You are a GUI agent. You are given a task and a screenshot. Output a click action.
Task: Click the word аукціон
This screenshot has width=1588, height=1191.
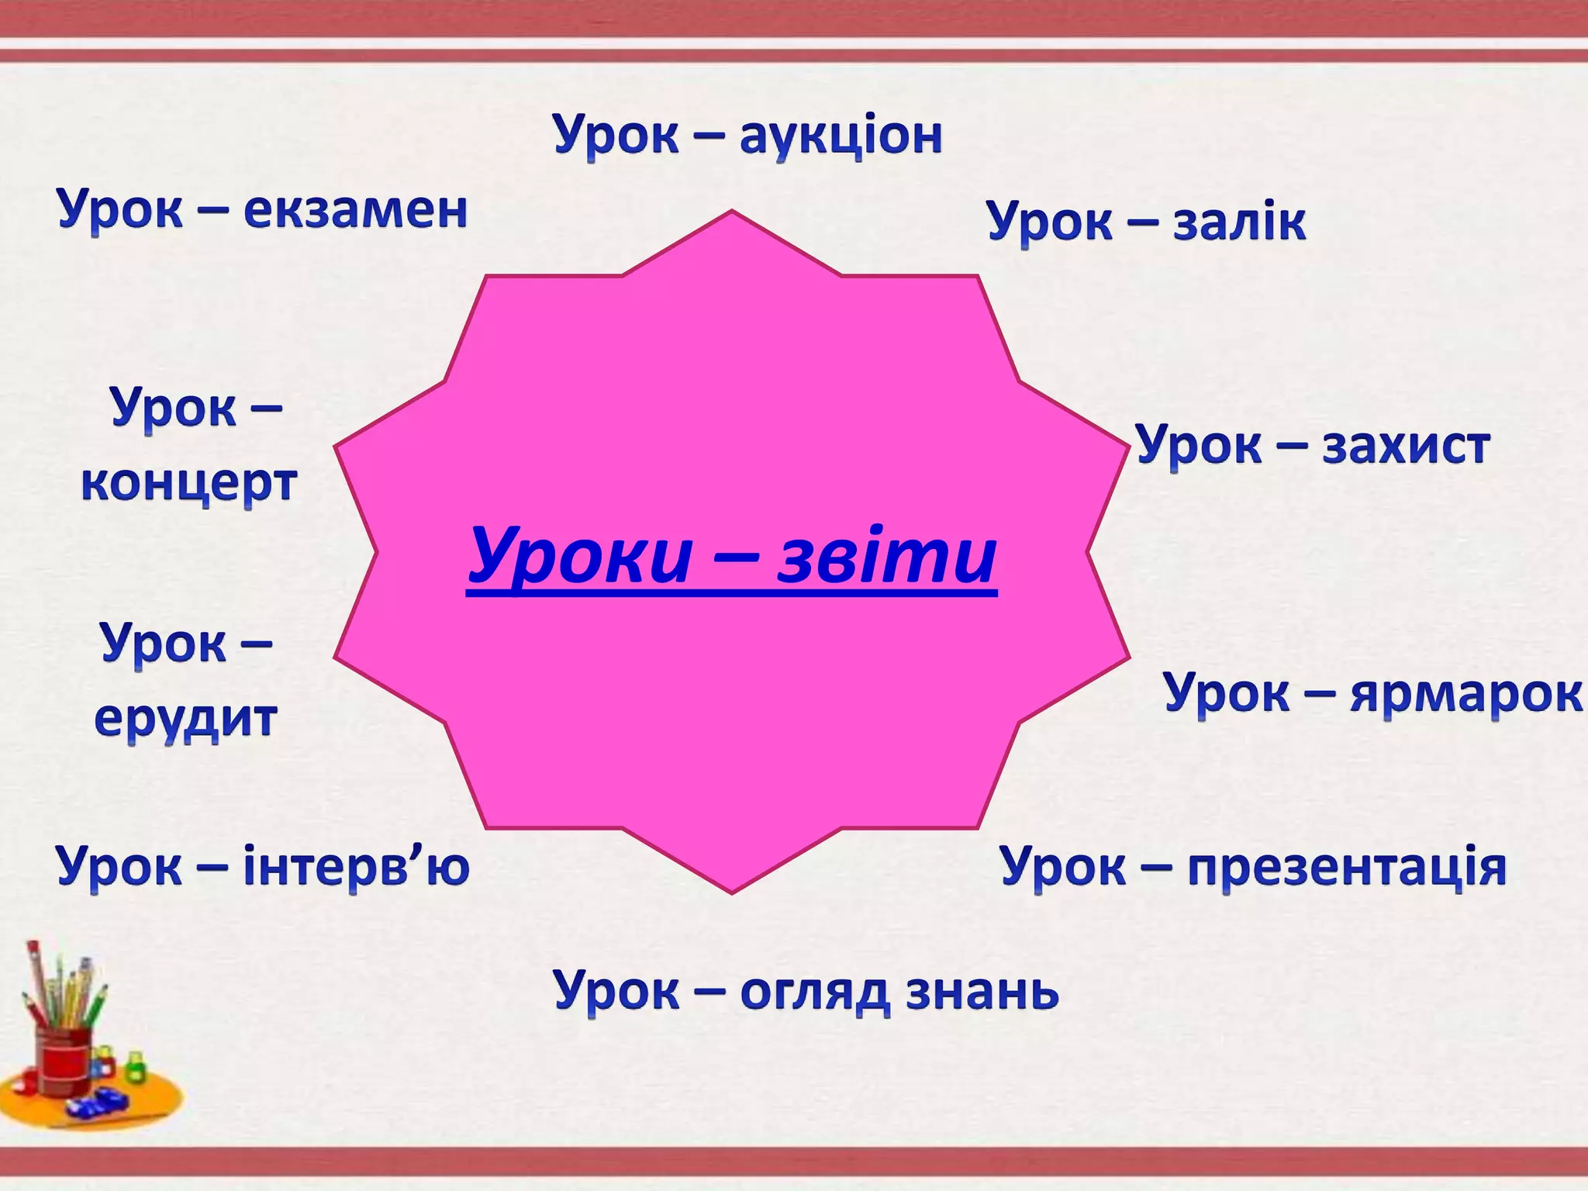tap(841, 136)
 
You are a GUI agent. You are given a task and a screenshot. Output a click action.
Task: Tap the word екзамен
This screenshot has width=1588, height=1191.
tap(355, 210)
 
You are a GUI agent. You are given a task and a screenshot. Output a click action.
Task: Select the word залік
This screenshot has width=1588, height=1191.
tap(1238, 223)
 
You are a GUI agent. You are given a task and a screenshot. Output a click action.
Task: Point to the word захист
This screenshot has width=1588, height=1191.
tap(1405, 447)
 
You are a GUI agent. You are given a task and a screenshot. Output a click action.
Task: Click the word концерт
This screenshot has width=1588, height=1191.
tap(189, 483)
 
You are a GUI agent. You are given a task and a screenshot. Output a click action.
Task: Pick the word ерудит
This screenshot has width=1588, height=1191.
tap(185, 718)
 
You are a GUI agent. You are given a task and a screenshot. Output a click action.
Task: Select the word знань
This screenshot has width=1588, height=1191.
tap(982, 992)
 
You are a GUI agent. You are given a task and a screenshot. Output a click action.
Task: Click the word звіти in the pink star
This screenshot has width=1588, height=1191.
tap(887, 557)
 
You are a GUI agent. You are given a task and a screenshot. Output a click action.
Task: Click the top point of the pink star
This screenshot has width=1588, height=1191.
tap(731, 212)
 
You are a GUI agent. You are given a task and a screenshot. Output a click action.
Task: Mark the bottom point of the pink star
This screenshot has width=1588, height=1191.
tap(731, 891)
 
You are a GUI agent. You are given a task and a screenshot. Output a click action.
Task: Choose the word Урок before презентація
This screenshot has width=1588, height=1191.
tap(1062, 868)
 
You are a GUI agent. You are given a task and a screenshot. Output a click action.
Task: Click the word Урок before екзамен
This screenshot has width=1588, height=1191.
tap(120, 211)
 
